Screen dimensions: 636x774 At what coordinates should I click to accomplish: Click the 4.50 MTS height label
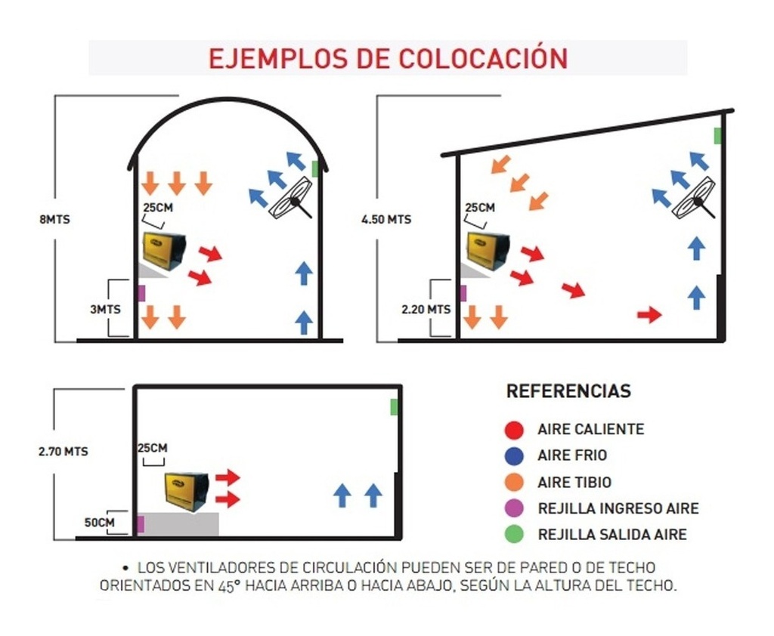pos(387,220)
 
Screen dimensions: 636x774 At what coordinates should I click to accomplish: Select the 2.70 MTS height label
pos(63,452)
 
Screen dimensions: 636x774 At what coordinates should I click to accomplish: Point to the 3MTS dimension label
pos(105,309)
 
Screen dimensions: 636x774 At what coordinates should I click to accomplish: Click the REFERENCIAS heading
pos(568,391)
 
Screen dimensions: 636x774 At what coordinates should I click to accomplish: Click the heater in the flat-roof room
pos(187,491)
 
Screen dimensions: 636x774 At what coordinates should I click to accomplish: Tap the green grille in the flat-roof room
pos(395,407)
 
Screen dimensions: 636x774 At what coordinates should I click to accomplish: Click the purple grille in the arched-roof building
pos(141,292)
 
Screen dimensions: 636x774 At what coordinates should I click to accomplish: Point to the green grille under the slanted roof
pos(717,136)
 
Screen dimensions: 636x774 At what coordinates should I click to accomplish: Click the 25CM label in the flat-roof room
pos(153,448)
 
